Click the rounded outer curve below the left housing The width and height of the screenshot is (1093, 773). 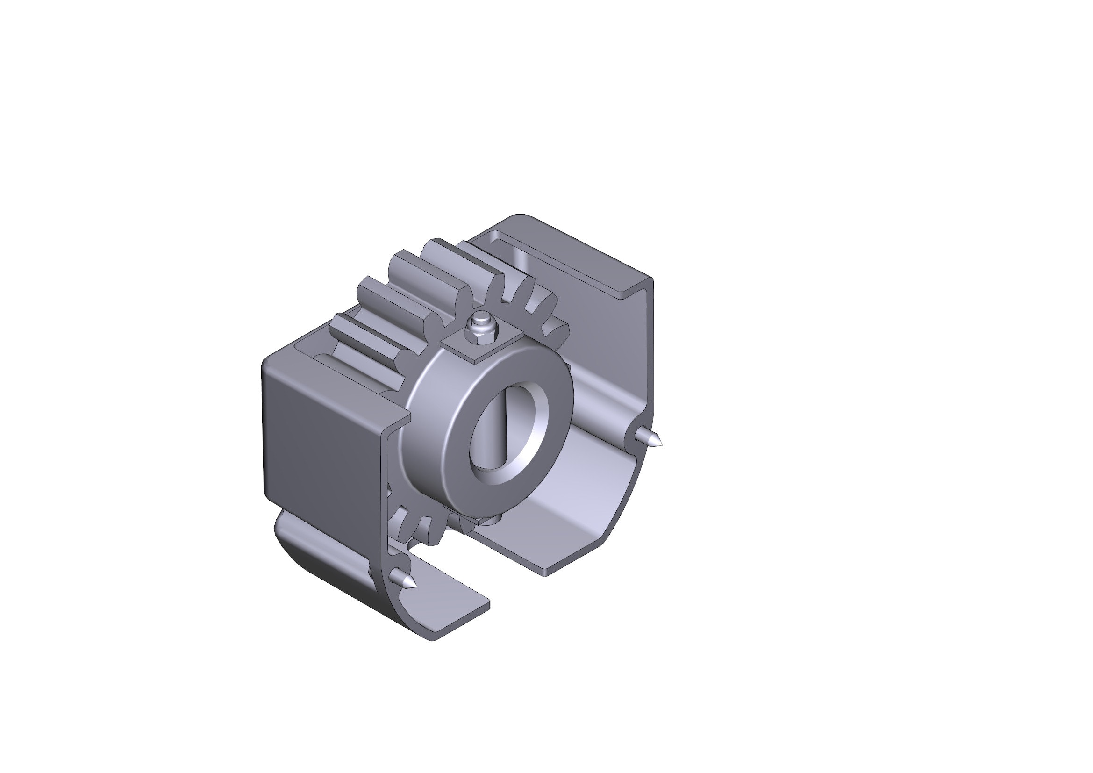(324, 571)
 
